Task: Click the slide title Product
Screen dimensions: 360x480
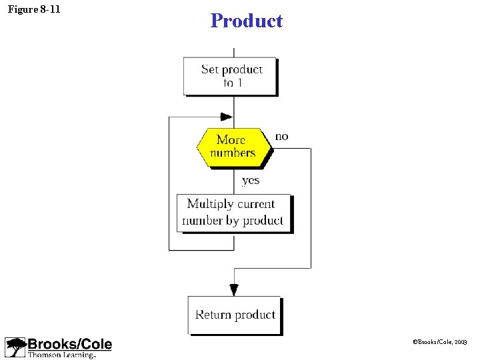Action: [x=246, y=21]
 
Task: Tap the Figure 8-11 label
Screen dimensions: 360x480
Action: [x=34, y=9]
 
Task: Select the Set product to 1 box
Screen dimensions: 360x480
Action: [x=230, y=76]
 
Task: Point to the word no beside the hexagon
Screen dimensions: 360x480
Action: [x=281, y=137]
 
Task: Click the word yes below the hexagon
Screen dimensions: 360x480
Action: [x=251, y=180]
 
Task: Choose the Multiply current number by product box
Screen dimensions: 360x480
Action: [x=233, y=213]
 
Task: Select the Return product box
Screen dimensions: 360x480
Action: [x=235, y=315]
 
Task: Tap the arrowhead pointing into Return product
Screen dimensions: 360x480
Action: [x=234, y=289]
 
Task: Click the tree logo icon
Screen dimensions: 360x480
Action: [x=15, y=347]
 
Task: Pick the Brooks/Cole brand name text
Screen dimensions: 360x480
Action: [x=70, y=344]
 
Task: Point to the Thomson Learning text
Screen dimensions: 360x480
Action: [x=61, y=355]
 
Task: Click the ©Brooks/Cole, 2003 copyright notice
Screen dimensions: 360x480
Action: [x=441, y=341]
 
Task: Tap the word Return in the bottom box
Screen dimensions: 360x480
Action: [x=213, y=315]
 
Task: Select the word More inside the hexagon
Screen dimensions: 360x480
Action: [x=231, y=139]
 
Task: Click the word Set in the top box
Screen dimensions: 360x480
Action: [x=209, y=69]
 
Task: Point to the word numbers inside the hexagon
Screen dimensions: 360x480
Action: [x=233, y=153]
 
